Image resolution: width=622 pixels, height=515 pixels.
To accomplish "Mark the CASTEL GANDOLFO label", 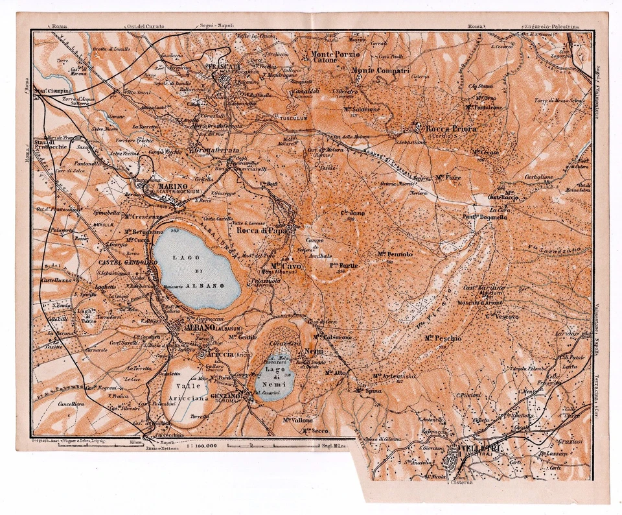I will click(x=128, y=263).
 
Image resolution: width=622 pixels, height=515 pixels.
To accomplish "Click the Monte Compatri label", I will click(x=381, y=70).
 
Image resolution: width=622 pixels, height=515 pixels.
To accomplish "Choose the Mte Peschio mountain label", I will click(x=443, y=339).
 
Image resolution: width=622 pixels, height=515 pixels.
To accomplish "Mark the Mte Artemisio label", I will click(x=394, y=376).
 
